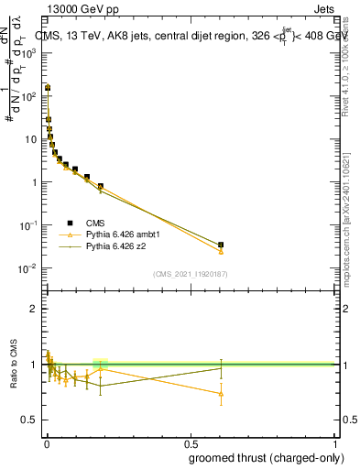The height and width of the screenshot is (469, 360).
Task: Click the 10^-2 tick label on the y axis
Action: (28, 268)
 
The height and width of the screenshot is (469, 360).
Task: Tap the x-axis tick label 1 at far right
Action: (334, 444)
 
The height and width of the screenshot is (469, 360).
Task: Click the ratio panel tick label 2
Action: (34, 309)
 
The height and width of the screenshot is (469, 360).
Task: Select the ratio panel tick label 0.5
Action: (30, 420)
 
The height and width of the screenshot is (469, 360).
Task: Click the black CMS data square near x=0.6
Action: (221, 245)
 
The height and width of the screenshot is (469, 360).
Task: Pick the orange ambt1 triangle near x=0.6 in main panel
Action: (221, 251)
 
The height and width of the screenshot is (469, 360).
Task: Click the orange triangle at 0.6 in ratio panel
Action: (221, 394)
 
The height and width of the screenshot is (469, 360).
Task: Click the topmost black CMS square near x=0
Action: (48, 88)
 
